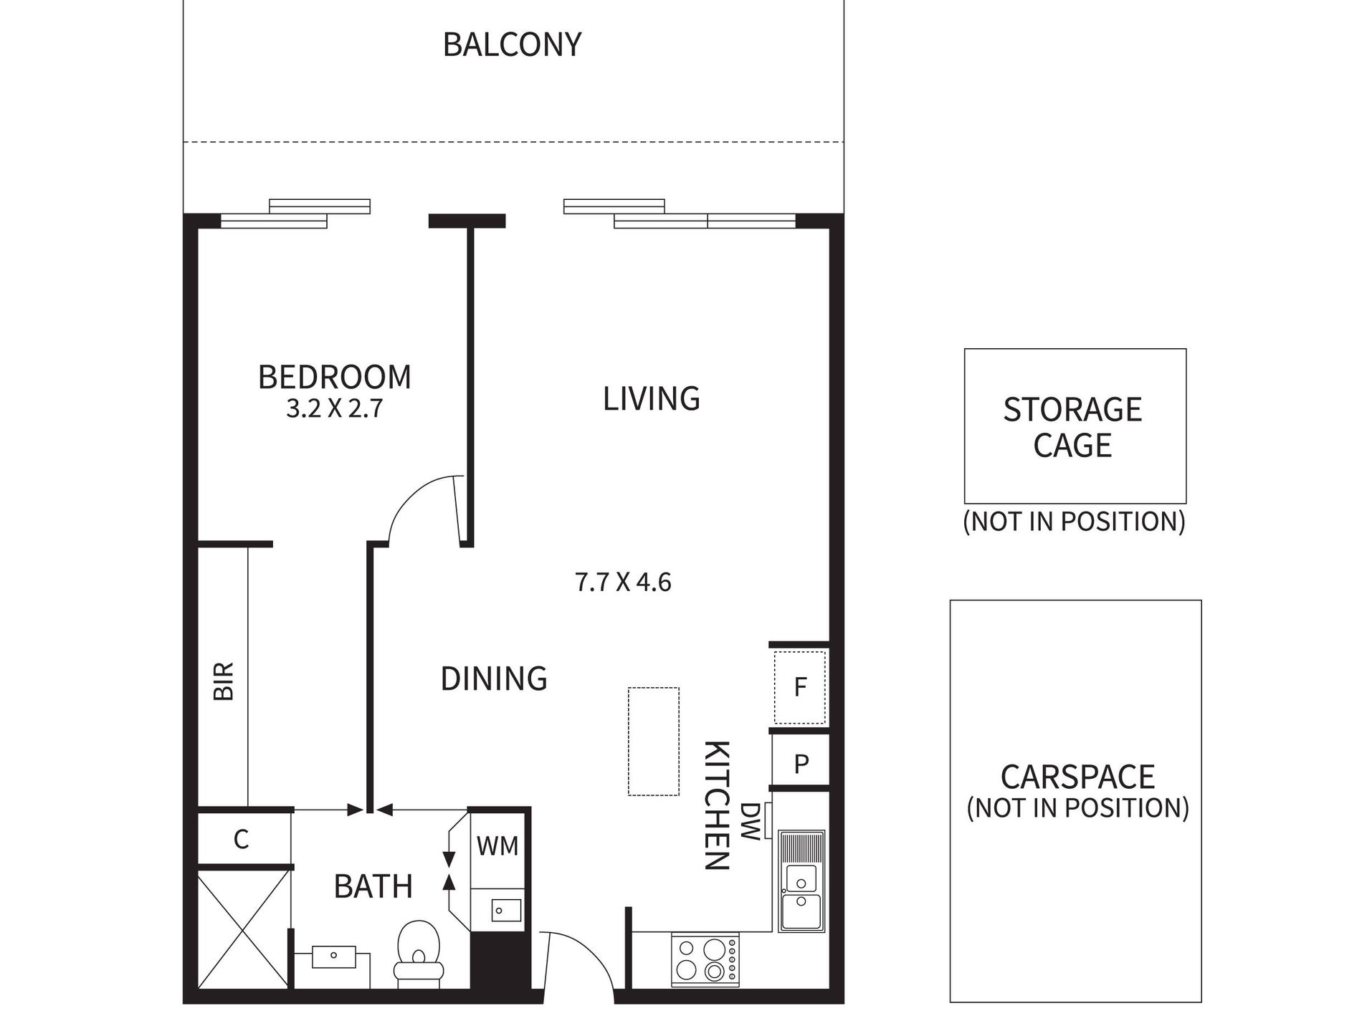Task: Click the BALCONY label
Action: click(x=512, y=44)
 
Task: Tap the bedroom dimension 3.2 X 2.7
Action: click(x=335, y=408)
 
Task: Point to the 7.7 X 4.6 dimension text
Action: click(x=623, y=582)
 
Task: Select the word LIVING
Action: click(x=651, y=398)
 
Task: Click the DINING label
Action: click(x=494, y=679)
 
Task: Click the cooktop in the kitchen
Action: click(x=705, y=959)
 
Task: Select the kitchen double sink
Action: click(x=801, y=881)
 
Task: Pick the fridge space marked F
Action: click(x=800, y=688)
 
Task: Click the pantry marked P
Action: click(x=801, y=764)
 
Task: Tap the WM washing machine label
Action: click(x=497, y=846)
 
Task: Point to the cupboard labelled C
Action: click(x=242, y=839)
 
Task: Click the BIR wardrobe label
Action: click(x=224, y=681)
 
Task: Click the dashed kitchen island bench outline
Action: click(x=654, y=741)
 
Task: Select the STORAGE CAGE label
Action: click(x=1072, y=428)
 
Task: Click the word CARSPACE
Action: click(x=1077, y=777)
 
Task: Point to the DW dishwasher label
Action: click(x=750, y=822)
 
